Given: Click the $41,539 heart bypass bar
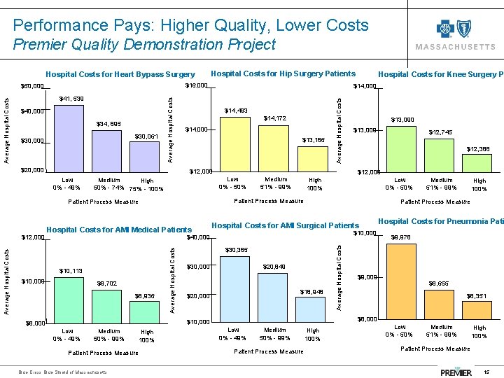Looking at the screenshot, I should click(x=69, y=137).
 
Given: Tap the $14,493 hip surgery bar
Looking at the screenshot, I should click(x=235, y=143).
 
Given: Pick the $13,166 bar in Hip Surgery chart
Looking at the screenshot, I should click(x=311, y=157).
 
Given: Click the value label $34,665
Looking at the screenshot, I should click(x=108, y=124).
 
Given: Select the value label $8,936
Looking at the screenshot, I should click(x=146, y=296).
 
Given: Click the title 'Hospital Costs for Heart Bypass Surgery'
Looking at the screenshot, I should click(x=120, y=74).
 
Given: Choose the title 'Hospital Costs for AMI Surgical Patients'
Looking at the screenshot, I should click(x=285, y=225).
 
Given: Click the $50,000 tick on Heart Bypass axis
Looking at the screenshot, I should click(x=32, y=87).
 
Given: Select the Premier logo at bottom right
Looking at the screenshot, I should click(x=456, y=370).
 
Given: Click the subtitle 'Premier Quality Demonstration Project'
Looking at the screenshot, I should click(x=144, y=45).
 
